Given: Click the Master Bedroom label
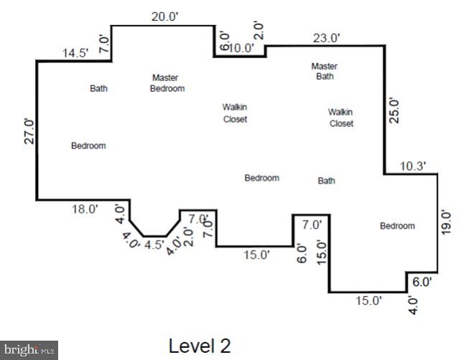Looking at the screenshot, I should pyautogui.click(x=167, y=83).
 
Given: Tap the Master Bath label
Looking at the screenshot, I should pyautogui.click(x=324, y=71).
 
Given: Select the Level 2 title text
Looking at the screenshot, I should pyautogui.click(x=200, y=346).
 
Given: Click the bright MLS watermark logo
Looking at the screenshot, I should pyautogui.click(x=29, y=350).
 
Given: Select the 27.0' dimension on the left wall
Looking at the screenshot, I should pyautogui.click(x=29, y=131).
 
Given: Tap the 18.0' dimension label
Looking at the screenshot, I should pyautogui.click(x=84, y=209).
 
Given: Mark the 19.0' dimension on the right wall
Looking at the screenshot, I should pyautogui.click(x=446, y=222).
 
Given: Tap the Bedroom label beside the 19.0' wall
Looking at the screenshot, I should pyautogui.click(x=397, y=226).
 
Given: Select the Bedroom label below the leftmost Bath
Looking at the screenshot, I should pyautogui.click(x=88, y=146).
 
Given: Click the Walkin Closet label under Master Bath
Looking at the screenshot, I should pyautogui.click(x=341, y=118).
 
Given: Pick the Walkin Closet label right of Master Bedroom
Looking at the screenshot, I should pyautogui.click(x=235, y=113).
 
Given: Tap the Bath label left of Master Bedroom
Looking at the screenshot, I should pyautogui.click(x=98, y=89).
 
